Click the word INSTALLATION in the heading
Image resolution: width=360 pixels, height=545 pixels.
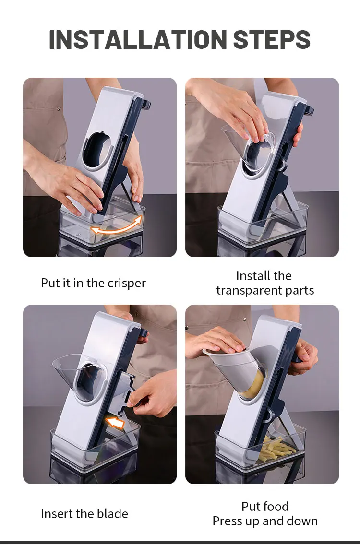[x=138, y=39]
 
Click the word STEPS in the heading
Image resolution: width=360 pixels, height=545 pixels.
[x=272, y=39]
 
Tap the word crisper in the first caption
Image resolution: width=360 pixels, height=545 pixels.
[x=127, y=283]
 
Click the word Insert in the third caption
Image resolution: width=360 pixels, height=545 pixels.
[x=56, y=513]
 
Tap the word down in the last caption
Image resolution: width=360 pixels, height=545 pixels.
[x=304, y=521]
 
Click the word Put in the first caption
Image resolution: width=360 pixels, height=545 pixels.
[x=50, y=283]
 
